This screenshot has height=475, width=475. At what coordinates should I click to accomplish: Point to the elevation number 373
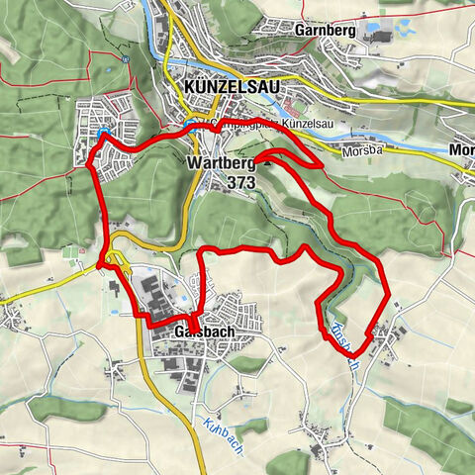tap(240, 183)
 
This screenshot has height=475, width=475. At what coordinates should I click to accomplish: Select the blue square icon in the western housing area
tap(102, 136)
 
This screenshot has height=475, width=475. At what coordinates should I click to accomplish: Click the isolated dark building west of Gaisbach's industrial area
tap(113, 290)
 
